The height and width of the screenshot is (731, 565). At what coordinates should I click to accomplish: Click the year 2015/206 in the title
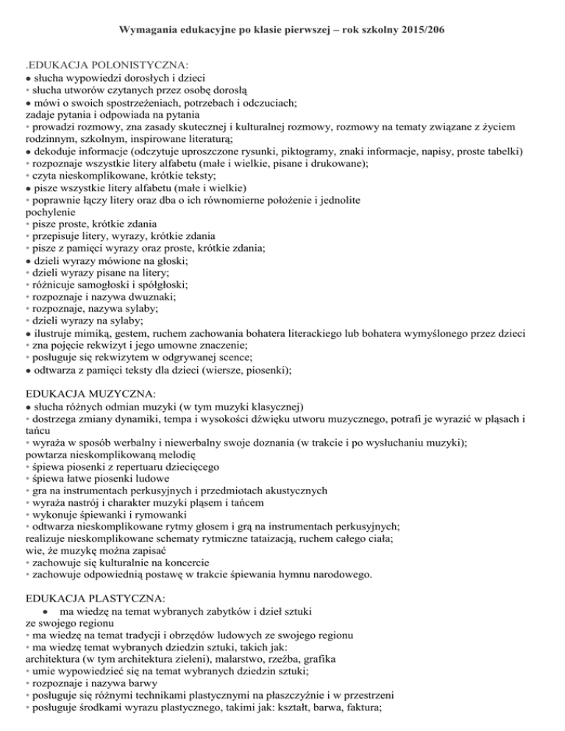tap(427, 30)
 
